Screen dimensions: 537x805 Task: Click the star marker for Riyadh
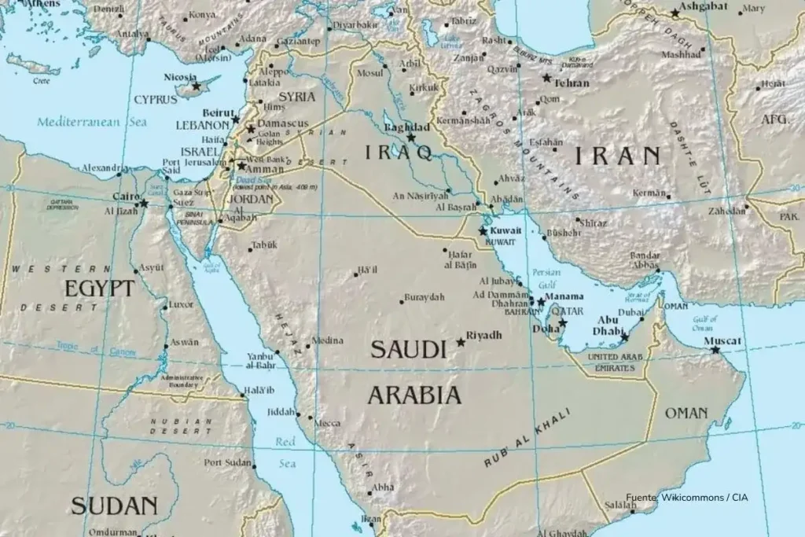(x=461, y=342)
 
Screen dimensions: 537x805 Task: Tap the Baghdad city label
(x=406, y=127)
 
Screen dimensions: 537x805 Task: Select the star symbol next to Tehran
(x=547, y=78)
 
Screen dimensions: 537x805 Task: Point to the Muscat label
(x=723, y=340)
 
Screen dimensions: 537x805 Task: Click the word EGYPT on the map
(x=99, y=289)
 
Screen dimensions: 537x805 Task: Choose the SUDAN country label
(x=114, y=506)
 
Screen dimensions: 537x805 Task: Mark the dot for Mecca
(x=310, y=417)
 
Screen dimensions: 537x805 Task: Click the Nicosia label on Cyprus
(x=179, y=76)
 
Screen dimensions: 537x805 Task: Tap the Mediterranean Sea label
(x=91, y=122)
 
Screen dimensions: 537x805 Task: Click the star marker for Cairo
(x=144, y=204)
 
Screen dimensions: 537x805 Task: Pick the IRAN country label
(x=617, y=156)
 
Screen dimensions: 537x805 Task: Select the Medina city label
(x=328, y=340)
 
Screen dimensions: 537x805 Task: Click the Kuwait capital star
(x=483, y=231)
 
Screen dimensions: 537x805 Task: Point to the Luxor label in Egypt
(x=181, y=304)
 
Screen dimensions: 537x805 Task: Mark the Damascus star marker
(x=251, y=129)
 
